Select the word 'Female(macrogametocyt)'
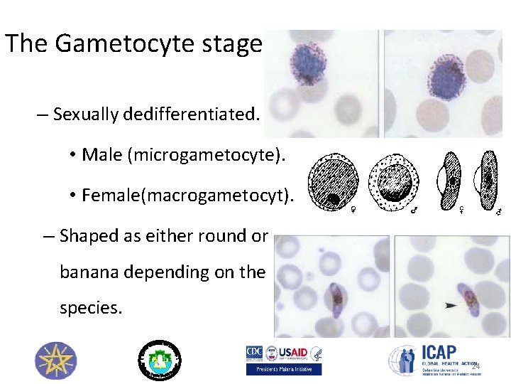click(187, 195)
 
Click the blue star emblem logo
click(55, 360)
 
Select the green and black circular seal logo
click(159, 359)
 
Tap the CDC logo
click(255, 353)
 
